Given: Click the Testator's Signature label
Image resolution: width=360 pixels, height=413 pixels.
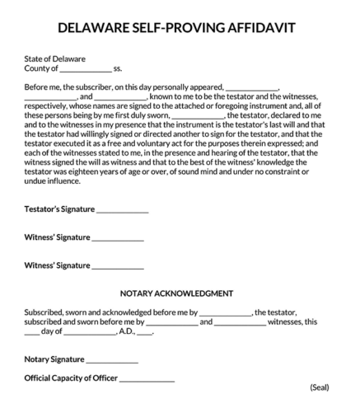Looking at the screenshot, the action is click(59, 209).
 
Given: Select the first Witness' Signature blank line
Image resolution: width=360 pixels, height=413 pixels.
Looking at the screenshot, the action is click(118, 239).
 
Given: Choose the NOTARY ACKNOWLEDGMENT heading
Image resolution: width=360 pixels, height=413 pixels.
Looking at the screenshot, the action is click(176, 293).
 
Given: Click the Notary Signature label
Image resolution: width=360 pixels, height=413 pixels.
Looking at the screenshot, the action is click(54, 359).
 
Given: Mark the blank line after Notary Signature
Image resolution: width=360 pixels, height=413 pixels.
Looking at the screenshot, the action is click(112, 361).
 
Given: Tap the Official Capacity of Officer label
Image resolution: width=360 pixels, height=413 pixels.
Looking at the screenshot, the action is click(72, 378).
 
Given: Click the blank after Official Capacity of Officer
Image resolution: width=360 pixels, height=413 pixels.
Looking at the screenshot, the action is click(147, 380).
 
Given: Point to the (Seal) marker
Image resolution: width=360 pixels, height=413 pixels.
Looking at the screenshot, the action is click(320, 387).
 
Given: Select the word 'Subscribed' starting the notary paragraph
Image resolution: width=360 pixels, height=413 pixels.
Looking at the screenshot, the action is click(45, 312).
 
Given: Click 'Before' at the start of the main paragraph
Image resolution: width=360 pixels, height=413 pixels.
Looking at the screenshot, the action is click(37, 87).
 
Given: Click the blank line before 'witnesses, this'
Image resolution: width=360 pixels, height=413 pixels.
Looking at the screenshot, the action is click(241, 323).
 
